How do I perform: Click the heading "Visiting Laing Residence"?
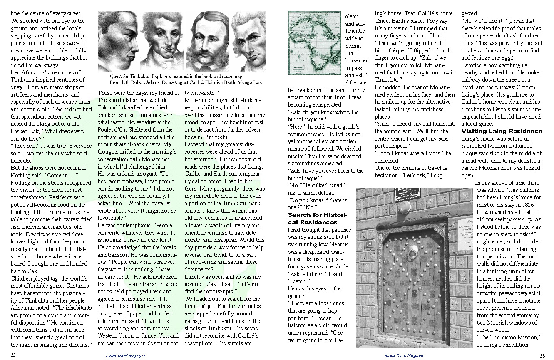[x=502, y=132]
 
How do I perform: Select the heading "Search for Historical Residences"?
[x=318, y=218]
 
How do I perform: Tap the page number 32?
[x=13, y=355]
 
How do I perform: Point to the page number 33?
[x=542, y=355]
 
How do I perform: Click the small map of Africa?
[x=314, y=43]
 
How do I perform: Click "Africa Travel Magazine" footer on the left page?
[x=125, y=356]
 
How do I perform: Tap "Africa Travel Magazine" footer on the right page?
[x=404, y=356]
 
